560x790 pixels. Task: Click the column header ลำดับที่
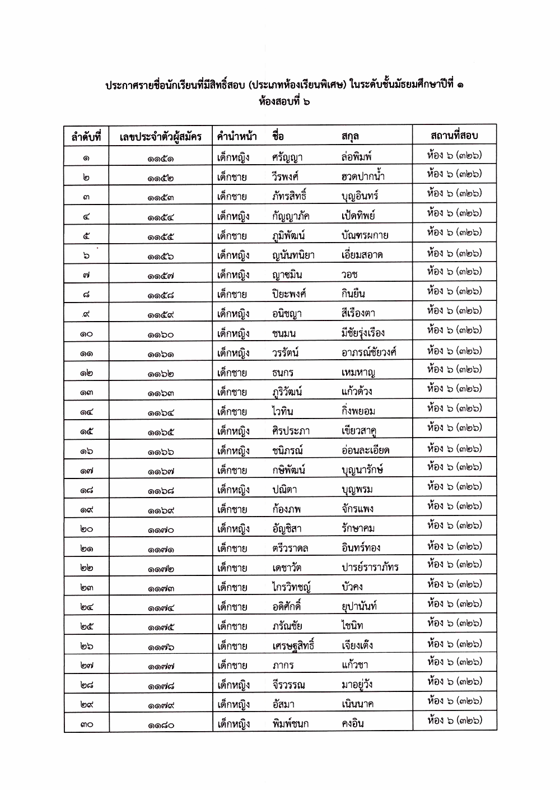pos(86,136)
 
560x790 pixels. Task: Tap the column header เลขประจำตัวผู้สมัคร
pos(161,136)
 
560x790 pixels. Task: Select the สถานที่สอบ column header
pos(454,135)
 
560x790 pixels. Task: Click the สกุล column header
pos(350,136)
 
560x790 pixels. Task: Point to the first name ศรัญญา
pos(287,157)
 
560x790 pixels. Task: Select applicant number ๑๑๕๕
pos(161,236)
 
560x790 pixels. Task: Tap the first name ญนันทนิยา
pos(293,255)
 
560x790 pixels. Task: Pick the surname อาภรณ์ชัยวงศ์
pos(369,352)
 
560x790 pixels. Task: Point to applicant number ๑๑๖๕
pos(161,431)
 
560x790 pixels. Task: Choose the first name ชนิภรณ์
pos(287,450)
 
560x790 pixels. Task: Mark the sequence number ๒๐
pos(86,529)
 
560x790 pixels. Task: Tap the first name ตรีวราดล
pos(290,549)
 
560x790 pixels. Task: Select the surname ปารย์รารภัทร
pos(370,568)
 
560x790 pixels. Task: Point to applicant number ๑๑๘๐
pos(161,724)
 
